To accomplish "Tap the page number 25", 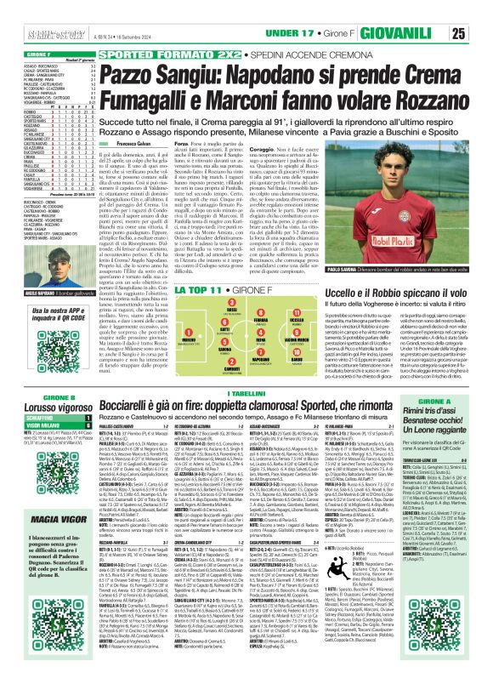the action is pos(481,10).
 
